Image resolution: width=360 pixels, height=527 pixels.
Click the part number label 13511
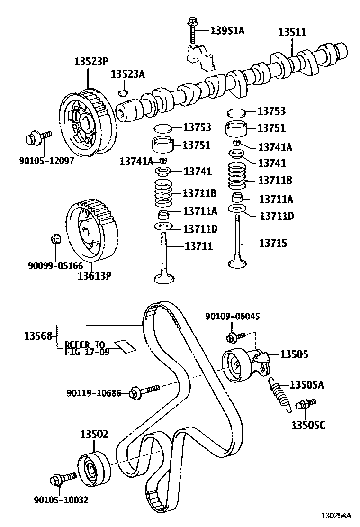(292, 32)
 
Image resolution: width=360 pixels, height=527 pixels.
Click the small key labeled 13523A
(124, 91)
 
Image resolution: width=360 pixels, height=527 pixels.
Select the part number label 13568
(38, 336)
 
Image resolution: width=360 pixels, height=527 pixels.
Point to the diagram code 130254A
(336, 515)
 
